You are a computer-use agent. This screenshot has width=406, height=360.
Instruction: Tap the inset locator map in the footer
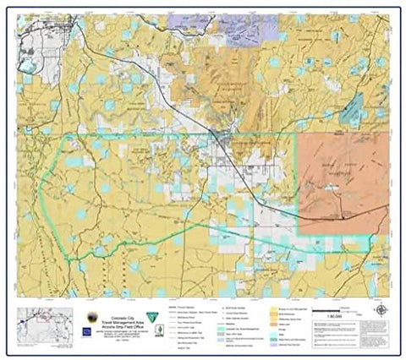(36, 324)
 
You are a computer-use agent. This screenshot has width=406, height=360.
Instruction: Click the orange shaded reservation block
(343, 182)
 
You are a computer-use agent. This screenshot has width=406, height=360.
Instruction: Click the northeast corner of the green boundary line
(297, 134)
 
